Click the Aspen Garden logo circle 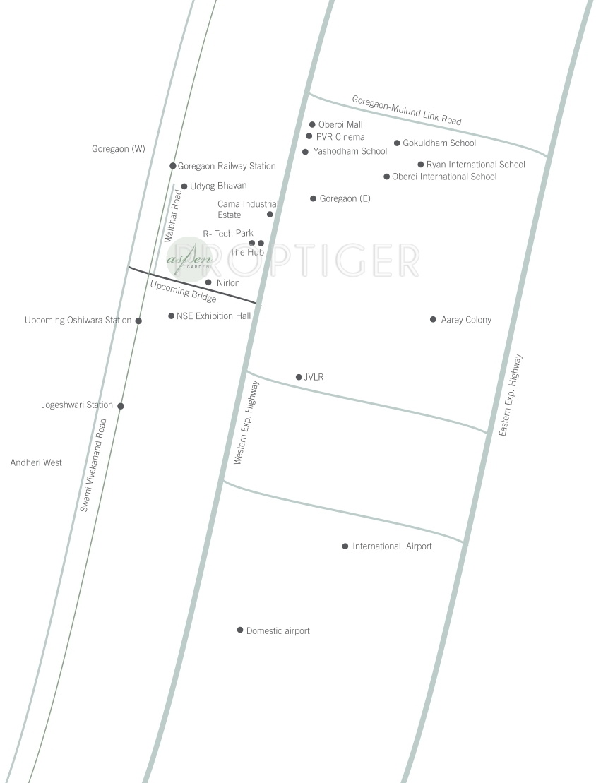tap(189, 258)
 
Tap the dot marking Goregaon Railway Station tap(173, 166)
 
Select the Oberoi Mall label tap(340, 124)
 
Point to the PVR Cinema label tap(340, 137)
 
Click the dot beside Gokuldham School tap(397, 143)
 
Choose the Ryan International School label tap(476, 165)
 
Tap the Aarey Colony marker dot tap(433, 319)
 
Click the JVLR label tap(314, 377)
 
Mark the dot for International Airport tap(345, 546)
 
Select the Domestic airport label tap(278, 630)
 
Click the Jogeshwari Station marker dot tap(120, 406)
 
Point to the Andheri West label tap(36, 462)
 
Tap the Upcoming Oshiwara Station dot tap(138, 321)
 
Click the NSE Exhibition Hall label tap(213, 316)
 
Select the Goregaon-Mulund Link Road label tap(407, 110)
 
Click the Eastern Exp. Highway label tap(510, 395)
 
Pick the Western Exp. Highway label tap(246, 422)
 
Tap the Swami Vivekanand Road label tap(93, 465)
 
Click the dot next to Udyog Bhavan tap(184, 186)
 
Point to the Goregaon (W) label tap(119, 149)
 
